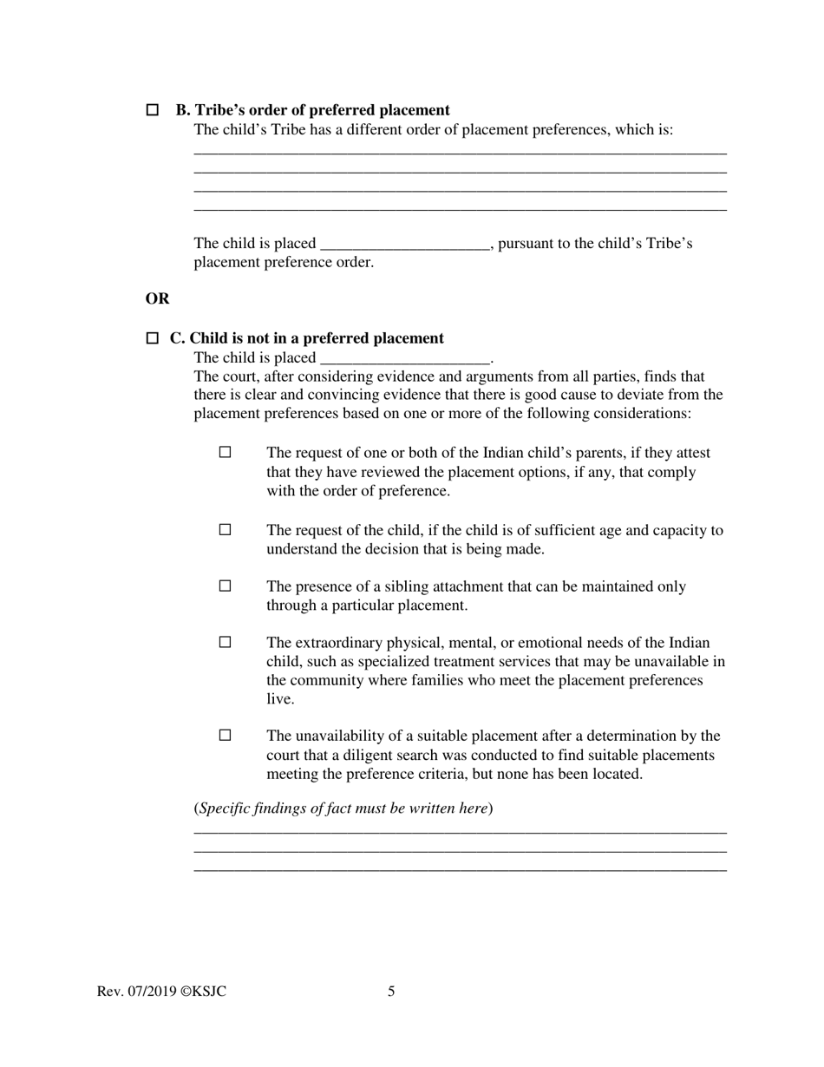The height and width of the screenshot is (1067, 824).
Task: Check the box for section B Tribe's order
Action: click(x=153, y=110)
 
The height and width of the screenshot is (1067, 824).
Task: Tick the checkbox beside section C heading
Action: click(x=153, y=338)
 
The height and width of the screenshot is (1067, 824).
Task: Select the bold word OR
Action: click(x=157, y=298)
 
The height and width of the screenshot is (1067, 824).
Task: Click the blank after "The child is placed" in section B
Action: click(x=405, y=244)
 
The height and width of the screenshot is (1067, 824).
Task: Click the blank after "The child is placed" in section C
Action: click(x=405, y=357)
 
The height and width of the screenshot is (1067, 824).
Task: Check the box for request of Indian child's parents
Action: click(x=226, y=452)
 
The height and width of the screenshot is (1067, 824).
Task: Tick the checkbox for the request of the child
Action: click(x=226, y=529)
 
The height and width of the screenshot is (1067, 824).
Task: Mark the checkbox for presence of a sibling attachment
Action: click(x=226, y=586)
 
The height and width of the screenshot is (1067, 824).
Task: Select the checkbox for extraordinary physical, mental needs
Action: click(x=226, y=642)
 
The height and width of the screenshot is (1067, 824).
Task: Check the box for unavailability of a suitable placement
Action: click(x=226, y=735)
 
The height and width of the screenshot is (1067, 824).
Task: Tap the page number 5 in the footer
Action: click(x=391, y=992)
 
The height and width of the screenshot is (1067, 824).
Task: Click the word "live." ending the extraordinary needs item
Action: click(x=280, y=699)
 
